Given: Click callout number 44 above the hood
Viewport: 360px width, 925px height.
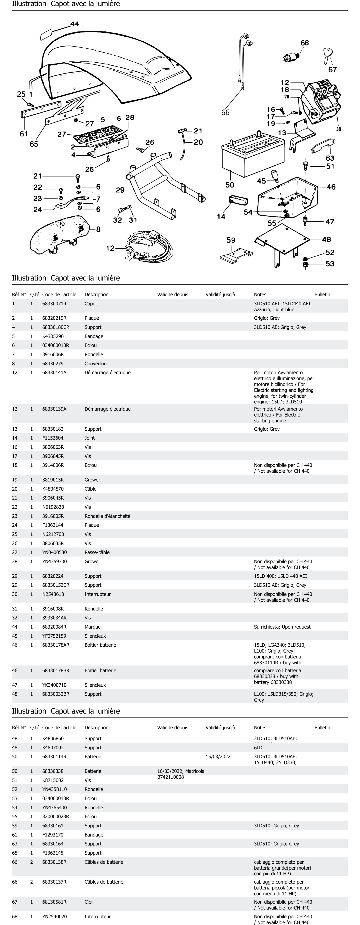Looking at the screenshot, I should click(x=75, y=24).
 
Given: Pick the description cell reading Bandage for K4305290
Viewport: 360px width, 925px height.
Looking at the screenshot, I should click(x=94, y=336).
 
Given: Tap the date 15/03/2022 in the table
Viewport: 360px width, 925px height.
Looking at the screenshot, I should click(x=218, y=757).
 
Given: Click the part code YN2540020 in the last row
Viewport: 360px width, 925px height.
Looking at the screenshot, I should click(x=54, y=916).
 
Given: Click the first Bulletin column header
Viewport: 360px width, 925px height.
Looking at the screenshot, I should click(x=322, y=294).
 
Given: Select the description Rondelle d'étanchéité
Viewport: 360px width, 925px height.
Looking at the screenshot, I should click(x=107, y=516).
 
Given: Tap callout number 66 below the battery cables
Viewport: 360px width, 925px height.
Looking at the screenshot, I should click(x=225, y=113).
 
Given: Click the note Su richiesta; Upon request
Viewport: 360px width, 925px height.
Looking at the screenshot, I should click(x=282, y=627).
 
